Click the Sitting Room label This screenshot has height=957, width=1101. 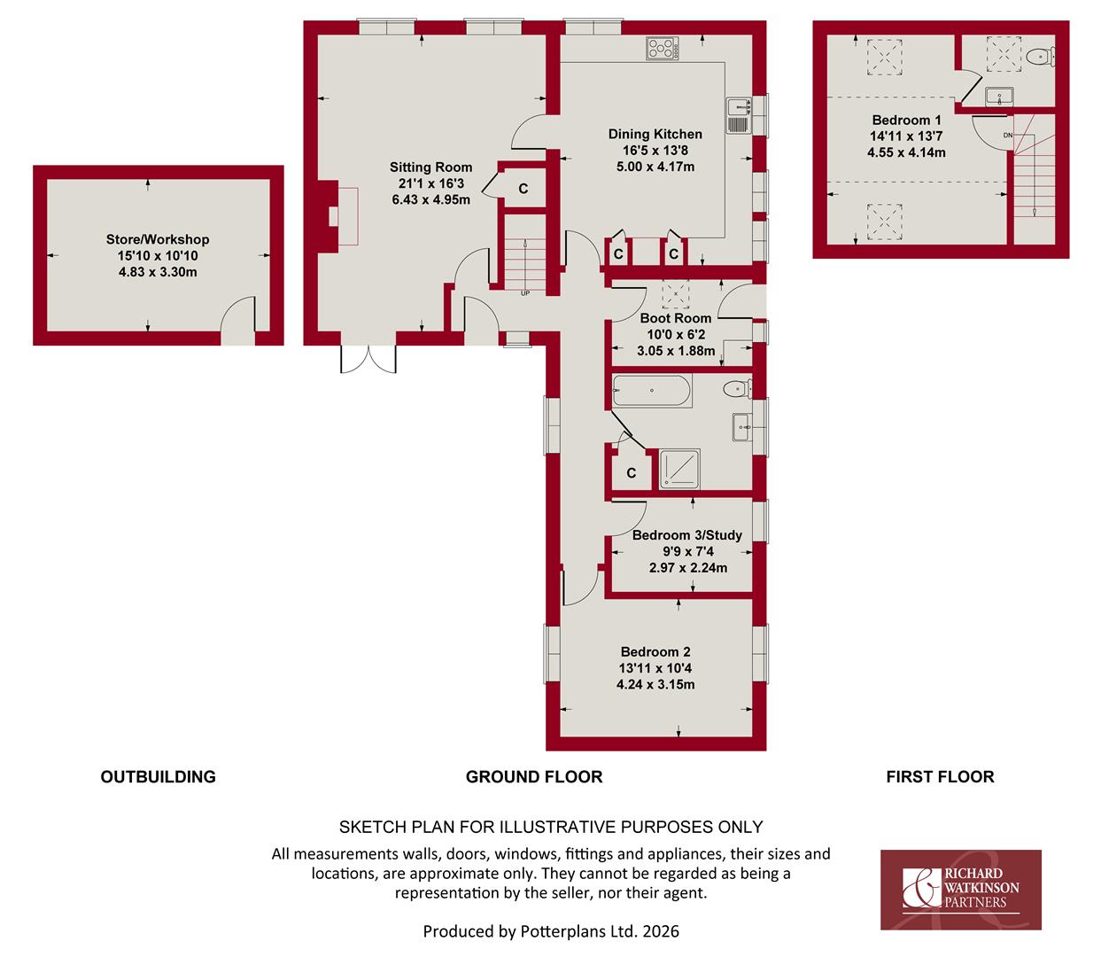pyautogui.click(x=430, y=167)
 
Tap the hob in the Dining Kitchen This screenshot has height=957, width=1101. pyautogui.click(x=663, y=48)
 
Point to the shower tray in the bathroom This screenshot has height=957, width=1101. pyautogui.click(x=679, y=469)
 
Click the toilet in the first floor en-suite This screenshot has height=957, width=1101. pyautogui.click(x=1040, y=56)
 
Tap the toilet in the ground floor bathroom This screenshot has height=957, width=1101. pyautogui.click(x=737, y=389)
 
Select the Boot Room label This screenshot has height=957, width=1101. pyautogui.click(x=675, y=318)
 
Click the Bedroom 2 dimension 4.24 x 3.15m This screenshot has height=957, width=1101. pyautogui.click(x=655, y=685)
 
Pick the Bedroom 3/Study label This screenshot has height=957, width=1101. pyautogui.click(x=687, y=535)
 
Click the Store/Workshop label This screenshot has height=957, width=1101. pyautogui.click(x=158, y=239)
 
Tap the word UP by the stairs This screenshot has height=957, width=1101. pyautogui.click(x=525, y=293)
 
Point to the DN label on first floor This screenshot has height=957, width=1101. pyautogui.click(x=1008, y=135)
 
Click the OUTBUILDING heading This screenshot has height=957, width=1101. pyautogui.click(x=159, y=777)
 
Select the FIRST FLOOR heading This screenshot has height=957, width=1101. pyautogui.click(x=940, y=777)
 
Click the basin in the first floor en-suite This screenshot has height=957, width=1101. pyautogui.click(x=999, y=97)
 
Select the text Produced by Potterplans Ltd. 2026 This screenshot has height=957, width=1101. pyautogui.click(x=551, y=931)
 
